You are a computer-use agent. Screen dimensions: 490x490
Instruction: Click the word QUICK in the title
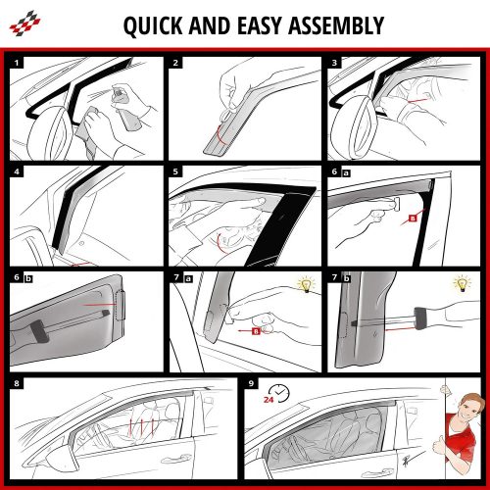click(x=153, y=25)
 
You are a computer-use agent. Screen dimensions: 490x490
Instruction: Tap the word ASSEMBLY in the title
click(x=336, y=25)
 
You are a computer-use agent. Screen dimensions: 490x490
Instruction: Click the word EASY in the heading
click(x=260, y=25)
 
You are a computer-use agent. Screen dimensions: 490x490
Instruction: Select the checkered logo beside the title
click(x=24, y=24)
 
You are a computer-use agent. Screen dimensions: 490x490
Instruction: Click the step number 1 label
click(x=17, y=63)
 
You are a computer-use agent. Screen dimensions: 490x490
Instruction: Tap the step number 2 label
click(x=175, y=63)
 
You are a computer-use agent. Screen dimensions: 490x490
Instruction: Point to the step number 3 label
click(x=334, y=63)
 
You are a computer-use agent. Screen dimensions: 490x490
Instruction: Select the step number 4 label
click(x=17, y=171)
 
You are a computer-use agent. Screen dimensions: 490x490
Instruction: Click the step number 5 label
click(x=175, y=171)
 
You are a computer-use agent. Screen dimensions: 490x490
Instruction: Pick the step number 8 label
click(x=17, y=383)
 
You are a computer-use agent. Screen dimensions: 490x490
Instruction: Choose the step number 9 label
click(x=251, y=383)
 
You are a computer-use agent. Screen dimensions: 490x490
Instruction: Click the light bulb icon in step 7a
click(x=306, y=284)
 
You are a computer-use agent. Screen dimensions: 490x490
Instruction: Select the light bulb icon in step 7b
click(x=462, y=283)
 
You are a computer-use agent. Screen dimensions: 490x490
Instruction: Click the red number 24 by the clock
click(x=269, y=399)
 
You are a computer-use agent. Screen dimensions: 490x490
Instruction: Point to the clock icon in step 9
click(x=280, y=393)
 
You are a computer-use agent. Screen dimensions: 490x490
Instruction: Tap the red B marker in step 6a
click(x=413, y=219)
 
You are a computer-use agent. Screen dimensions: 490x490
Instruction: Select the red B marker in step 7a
click(x=256, y=331)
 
